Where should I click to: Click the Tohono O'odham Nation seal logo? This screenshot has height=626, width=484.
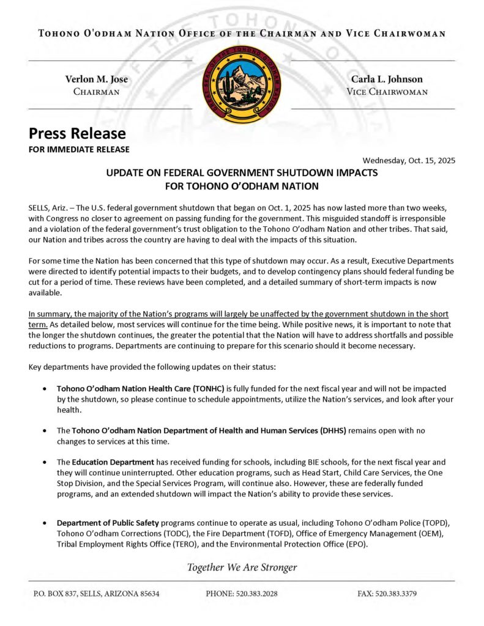[x=242, y=84]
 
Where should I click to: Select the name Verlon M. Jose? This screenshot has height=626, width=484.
[x=97, y=79]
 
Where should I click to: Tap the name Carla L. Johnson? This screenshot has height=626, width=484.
[x=387, y=79]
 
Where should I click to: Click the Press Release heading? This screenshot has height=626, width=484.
[x=77, y=133]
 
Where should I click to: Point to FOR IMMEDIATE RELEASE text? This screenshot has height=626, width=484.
[x=79, y=149]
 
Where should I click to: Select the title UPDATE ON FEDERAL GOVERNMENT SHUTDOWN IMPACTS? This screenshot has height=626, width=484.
[x=242, y=173]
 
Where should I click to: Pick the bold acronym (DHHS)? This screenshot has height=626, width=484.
[x=333, y=430]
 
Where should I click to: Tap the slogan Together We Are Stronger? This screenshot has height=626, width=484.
[x=242, y=567]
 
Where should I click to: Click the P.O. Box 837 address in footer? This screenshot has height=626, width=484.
[x=96, y=594]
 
